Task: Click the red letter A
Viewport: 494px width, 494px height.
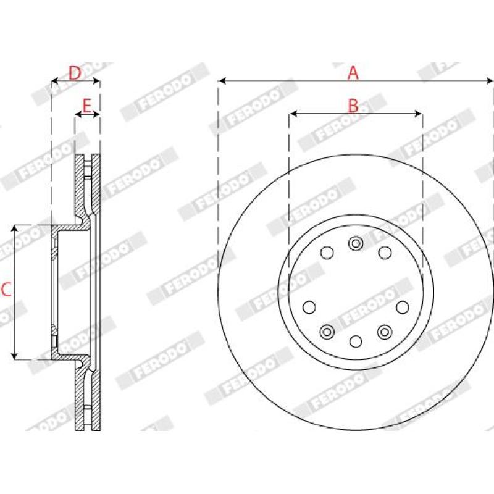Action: click(353, 73)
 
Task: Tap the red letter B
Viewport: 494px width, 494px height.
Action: click(353, 106)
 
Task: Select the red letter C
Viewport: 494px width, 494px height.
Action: click(6, 290)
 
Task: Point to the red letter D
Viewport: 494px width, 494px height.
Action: click(75, 73)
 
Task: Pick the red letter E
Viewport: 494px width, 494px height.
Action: click(86, 106)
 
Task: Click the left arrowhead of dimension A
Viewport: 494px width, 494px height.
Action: click(222, 81)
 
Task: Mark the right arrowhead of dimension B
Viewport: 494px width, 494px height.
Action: click(419, 114)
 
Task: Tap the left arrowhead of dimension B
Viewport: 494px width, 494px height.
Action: click(293, 114)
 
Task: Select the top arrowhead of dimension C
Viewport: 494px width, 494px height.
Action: click(14, 228)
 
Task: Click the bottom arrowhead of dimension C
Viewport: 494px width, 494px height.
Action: click(14, 356)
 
